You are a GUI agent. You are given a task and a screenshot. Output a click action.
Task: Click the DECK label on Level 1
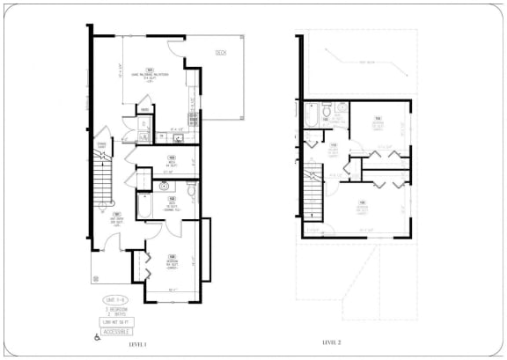tap(220, 54)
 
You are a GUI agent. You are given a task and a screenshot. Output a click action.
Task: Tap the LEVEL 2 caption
tap(331, 341)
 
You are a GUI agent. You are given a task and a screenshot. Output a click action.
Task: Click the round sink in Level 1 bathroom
tap(165, 187)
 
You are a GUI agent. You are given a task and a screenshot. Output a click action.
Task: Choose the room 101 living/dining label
tap(150, 76)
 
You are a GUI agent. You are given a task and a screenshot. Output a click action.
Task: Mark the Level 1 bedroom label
tap(172, 261)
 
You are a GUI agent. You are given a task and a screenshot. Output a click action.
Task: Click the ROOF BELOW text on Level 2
tap(356, 62)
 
